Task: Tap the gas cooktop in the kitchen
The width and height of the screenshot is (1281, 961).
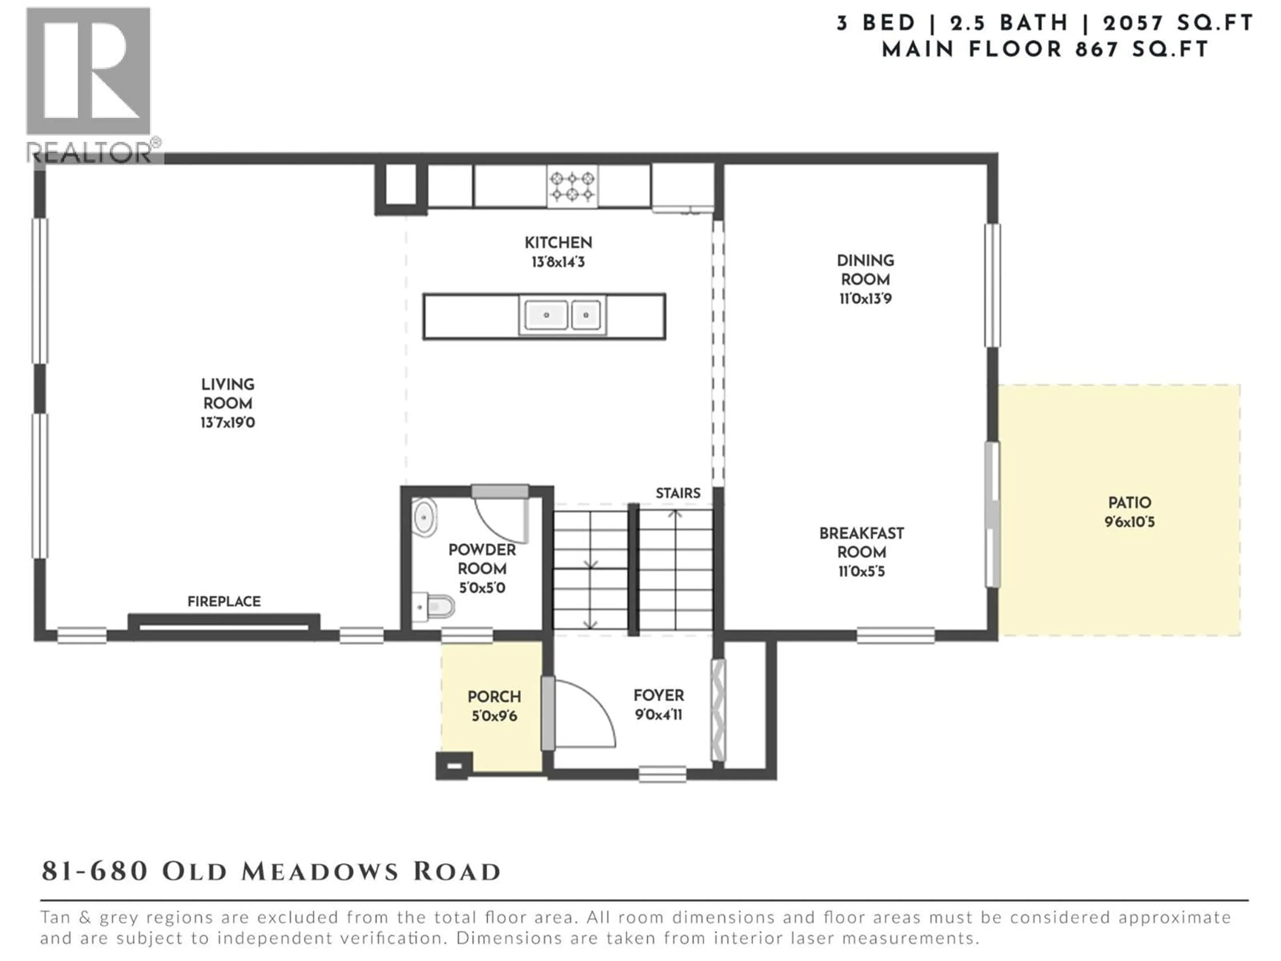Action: pos(572,186)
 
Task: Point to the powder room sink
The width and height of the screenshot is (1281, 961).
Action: pos(424,516)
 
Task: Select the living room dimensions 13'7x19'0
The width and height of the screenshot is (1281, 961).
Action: pos(228,423)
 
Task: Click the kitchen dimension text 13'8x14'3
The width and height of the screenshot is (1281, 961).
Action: pos(558,262)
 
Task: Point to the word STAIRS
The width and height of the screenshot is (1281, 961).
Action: pos(678,493)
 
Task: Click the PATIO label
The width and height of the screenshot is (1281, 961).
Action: pos(1129,503)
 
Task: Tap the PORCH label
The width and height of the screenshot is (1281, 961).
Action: pos(494,696)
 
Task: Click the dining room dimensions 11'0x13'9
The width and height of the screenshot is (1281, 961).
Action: pos(865,299)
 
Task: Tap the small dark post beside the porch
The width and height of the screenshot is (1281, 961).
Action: pos(454,765)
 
